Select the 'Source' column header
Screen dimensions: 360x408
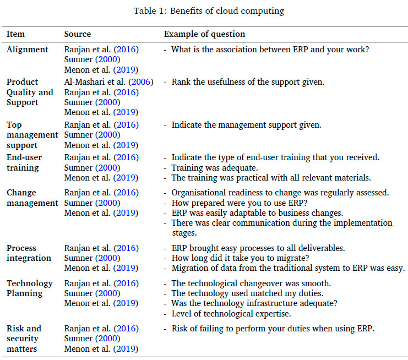(78, 34)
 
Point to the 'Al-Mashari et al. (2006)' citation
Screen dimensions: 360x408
(108, 82)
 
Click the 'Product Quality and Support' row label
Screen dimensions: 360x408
(30, 92)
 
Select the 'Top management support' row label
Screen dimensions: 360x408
(32, 135)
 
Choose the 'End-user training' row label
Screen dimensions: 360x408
(24, 162)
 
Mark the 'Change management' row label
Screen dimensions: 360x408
(32, 198)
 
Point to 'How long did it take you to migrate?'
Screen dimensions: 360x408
(242, 258)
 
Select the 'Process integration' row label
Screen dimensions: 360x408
(29, 253)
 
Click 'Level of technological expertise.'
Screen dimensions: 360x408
(231, 314)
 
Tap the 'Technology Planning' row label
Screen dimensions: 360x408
(30, 288)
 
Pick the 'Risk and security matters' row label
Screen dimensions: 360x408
(24, 338)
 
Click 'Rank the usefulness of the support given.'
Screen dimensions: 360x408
(248, 82)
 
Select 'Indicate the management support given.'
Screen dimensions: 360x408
(246, 125)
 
